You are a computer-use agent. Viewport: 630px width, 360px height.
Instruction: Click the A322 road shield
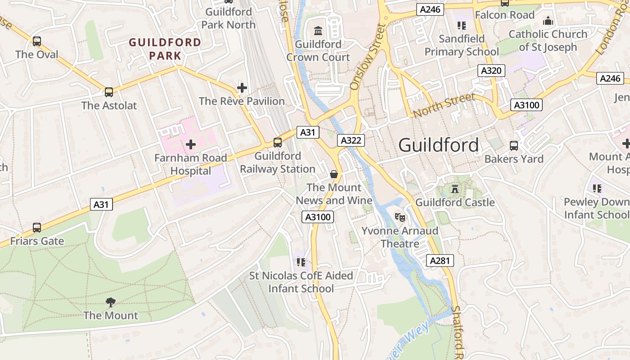click(351, 140)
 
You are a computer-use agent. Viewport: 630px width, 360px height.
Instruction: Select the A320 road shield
click(491, 71)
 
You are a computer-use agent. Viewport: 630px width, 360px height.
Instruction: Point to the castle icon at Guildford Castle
click(455, 189)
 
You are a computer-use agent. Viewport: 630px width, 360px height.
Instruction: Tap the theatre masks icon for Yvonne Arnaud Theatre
click(400, 217)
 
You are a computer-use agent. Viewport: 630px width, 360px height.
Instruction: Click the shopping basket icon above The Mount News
click(334, 174)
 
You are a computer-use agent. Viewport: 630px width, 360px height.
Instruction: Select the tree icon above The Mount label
click(111, 302)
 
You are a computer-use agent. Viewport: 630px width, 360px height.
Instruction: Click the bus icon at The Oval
click(37, 41)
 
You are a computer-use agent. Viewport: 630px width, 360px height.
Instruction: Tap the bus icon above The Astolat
click(109, 92)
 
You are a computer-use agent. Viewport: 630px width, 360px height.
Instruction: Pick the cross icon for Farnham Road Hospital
click(191, 144)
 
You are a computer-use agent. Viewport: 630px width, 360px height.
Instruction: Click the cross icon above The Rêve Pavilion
click(242, 87)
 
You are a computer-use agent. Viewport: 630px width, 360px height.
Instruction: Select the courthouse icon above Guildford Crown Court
click(319, 31)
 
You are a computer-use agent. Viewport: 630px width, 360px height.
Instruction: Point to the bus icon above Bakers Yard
click(513, 146)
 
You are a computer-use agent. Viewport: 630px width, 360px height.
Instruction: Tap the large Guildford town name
click(439, 145)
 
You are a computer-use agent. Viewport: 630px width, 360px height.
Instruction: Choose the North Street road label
click(444, 105)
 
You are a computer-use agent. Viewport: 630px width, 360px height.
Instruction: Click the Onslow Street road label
click(368, 56)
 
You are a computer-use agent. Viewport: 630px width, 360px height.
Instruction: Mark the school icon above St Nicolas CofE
click(301, 262)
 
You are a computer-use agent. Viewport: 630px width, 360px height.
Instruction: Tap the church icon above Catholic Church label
click(548, 21)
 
